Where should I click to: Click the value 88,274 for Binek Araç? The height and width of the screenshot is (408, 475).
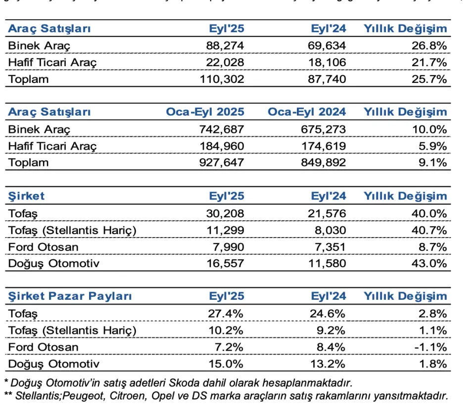(225, 46)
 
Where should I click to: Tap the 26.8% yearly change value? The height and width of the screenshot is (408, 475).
(429, 46)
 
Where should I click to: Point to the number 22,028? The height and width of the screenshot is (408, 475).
(225, 63)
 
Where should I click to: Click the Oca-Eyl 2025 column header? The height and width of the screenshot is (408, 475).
(205, 112)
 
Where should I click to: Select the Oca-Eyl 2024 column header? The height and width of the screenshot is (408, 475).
(307, 112)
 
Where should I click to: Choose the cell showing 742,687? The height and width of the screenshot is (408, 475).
(221, 129)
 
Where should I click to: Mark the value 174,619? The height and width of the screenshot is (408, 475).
(324, 146)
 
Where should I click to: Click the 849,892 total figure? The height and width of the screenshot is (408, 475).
(324, 162)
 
